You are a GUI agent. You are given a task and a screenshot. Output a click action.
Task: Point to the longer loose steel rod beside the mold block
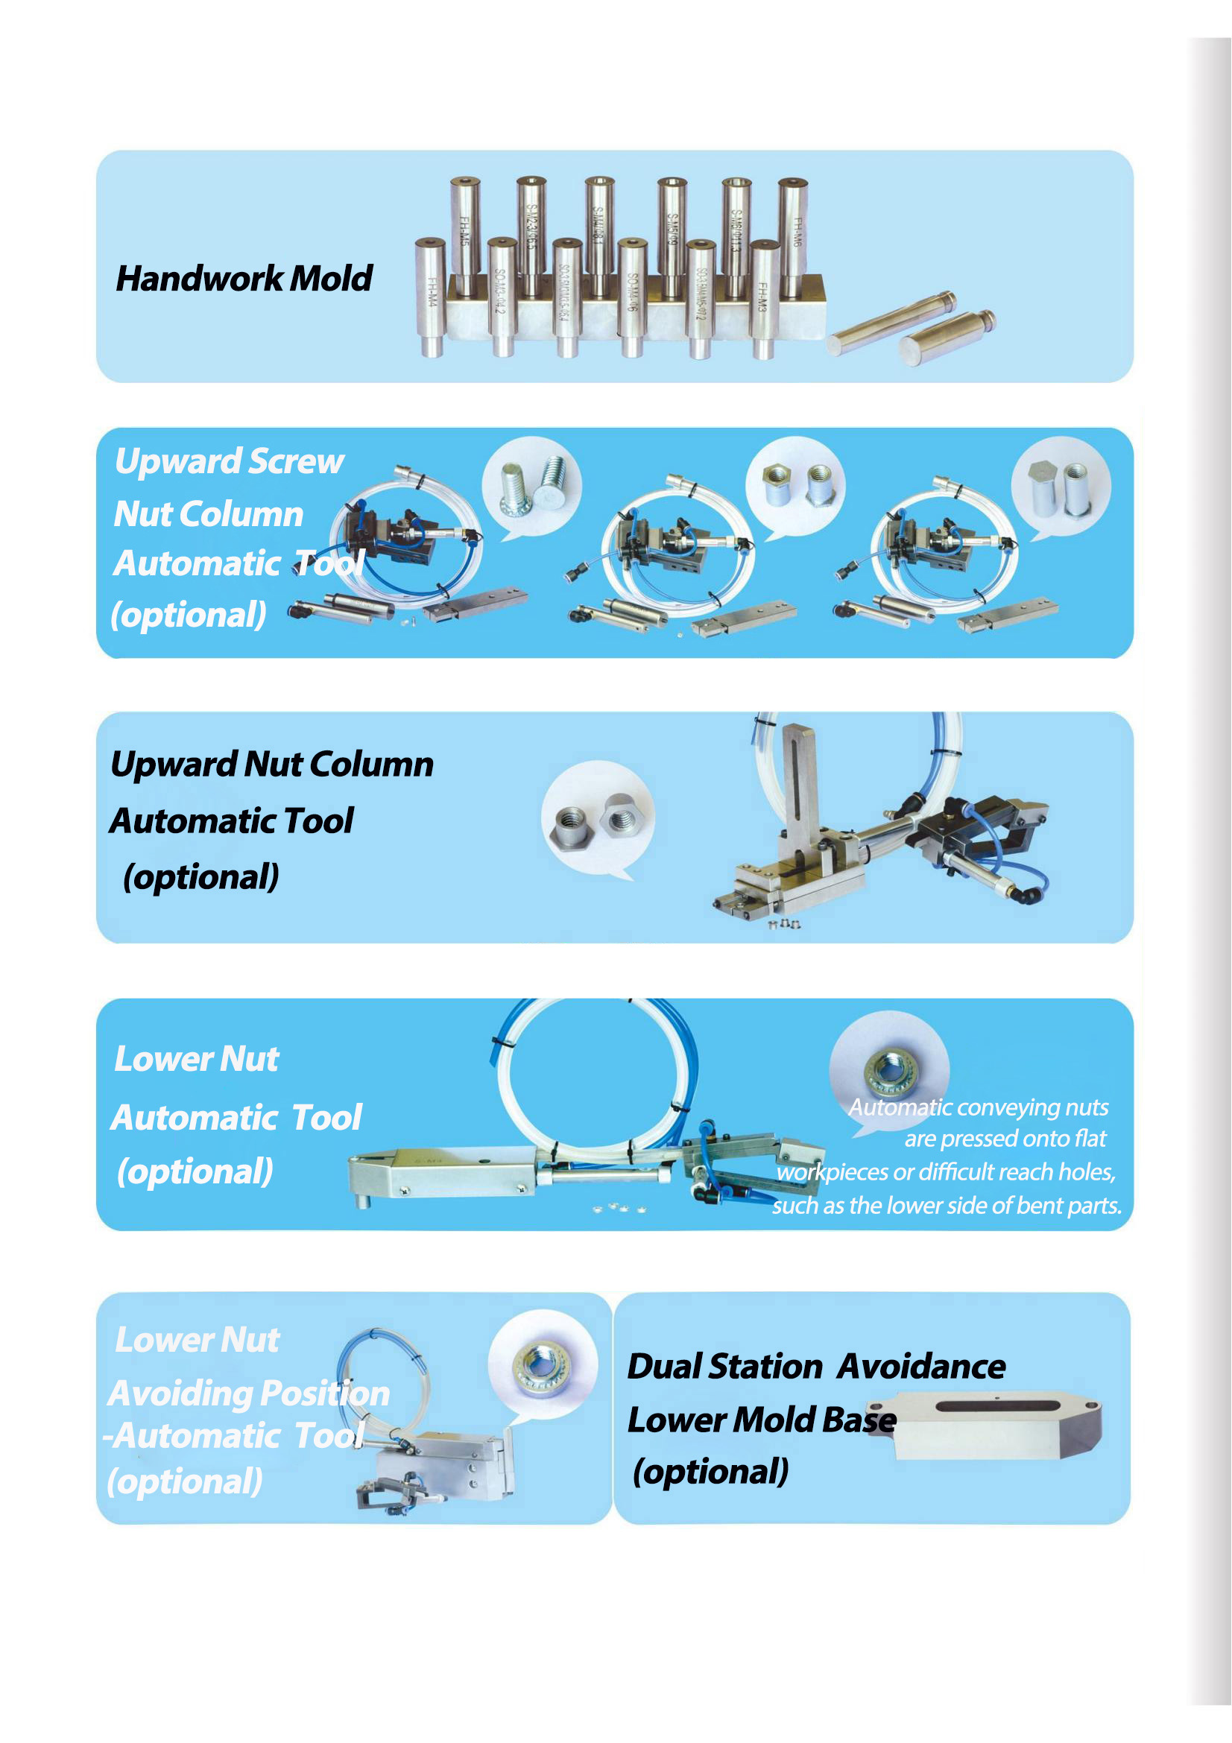point(892,323)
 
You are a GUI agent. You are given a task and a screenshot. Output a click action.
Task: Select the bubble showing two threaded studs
point(532,486)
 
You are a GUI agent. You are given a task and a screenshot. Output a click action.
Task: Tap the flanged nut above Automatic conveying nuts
point(891,1070)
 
